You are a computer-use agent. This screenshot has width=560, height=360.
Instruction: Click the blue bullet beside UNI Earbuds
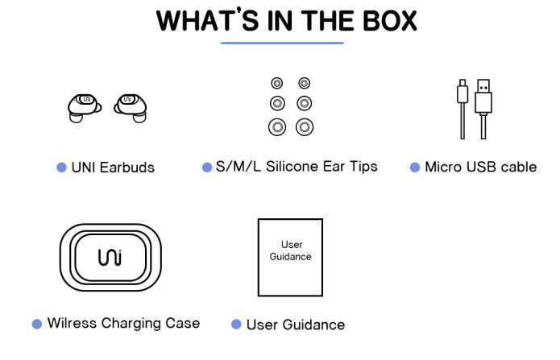[61, 168]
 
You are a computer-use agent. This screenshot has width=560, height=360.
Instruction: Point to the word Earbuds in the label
[127, 168]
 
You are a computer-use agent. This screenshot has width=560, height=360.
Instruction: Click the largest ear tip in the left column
[277, 126]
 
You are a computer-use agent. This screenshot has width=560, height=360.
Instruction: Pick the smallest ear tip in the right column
[304, 83]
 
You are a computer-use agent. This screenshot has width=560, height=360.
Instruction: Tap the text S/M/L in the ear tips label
[234, 167]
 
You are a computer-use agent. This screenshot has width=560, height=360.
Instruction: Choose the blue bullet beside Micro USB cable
[415, 168]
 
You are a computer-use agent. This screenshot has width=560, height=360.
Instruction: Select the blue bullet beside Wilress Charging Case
[37, 324]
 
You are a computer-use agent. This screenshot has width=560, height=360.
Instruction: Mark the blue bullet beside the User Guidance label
[236, 324]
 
